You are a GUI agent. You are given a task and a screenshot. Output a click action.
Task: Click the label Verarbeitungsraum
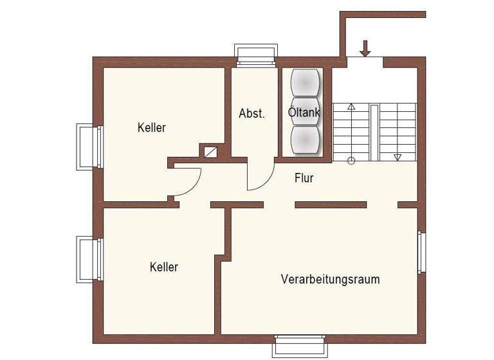pos(330,280)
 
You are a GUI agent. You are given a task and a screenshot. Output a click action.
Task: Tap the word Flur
pos(304,178)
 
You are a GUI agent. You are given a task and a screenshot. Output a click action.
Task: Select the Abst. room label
pos(252,113)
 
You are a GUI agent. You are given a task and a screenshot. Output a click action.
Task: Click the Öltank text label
pos(304,113)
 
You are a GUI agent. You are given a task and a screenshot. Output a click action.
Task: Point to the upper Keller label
pos(151,127)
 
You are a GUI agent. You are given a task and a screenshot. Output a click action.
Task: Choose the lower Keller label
pos(163,267)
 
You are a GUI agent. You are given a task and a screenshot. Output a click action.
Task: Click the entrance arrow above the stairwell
pos(365,48)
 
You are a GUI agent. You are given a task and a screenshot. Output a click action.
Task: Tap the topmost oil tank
pos(305,82)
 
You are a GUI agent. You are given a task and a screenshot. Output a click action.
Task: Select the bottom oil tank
pos(305,140)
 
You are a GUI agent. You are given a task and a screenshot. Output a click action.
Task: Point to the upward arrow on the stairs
pos(351,107)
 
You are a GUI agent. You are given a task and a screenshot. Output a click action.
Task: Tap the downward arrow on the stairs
pos(397,156)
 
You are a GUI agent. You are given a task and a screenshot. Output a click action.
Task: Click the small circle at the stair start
pos(351,161)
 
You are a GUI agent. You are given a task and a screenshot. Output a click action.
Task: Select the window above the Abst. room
pos(256,55)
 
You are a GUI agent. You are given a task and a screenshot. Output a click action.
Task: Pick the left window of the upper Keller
pos(88,147)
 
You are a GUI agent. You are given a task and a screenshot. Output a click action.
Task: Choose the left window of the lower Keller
pos(88,259)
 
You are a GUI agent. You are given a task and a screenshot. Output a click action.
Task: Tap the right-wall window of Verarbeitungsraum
pos(421,252)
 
